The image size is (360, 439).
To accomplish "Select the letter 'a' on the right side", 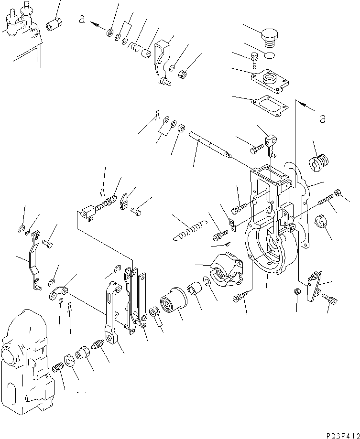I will click(323, 118).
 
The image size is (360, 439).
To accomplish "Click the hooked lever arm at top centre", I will click(162, 60).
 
